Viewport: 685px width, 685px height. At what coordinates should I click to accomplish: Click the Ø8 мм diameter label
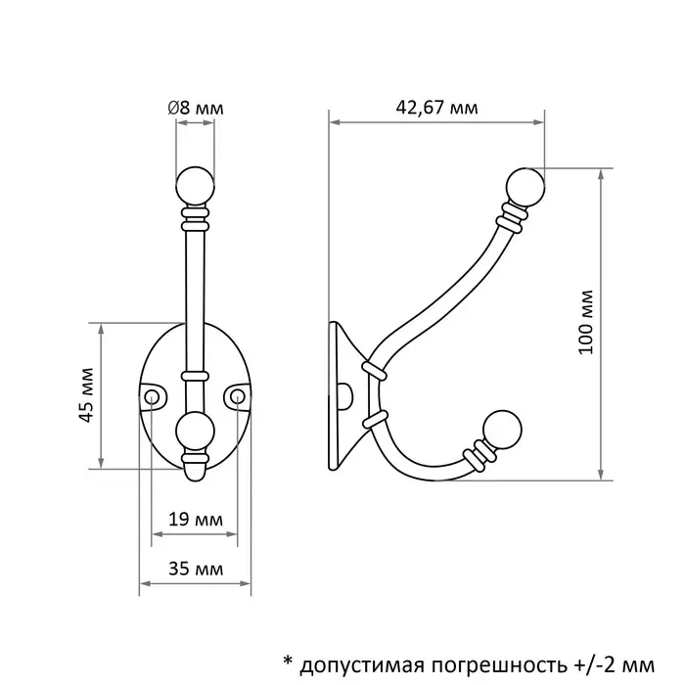(196, 109)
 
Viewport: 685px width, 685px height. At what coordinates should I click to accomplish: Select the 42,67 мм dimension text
(437, 109)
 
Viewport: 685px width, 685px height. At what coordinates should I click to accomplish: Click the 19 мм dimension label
(194, 519)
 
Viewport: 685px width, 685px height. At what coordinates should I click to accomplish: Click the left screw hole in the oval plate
(153, 395)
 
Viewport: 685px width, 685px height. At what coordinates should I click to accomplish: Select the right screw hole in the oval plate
(238, 395)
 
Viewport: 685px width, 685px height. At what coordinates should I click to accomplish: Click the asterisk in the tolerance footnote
(288, 657)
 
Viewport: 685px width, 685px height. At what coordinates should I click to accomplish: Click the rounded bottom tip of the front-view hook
(195, 473)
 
